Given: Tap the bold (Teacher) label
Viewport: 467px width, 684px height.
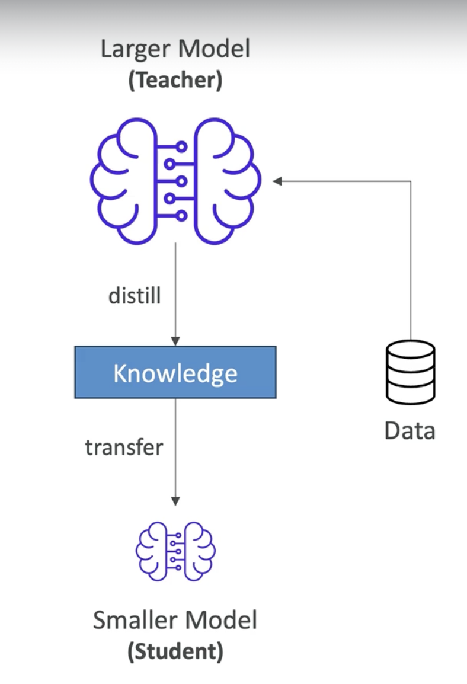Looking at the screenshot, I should tap(175, 80).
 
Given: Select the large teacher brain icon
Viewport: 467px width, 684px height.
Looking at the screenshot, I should tap(175, 181).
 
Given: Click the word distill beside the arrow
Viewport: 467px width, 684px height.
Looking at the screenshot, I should tap(135, 296).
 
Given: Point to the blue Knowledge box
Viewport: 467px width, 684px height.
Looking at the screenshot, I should tap(175, 372).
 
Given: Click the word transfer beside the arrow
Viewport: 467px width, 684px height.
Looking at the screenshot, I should tap(124, 447).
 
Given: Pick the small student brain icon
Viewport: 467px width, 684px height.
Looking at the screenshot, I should tap(175, 551).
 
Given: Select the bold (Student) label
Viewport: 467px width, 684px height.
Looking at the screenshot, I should tap(175, 651).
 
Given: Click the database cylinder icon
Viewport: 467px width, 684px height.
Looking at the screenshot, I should tap(410, 372).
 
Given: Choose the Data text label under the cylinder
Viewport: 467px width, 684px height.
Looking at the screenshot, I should tap(410, 430).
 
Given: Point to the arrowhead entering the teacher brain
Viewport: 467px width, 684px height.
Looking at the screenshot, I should tap(277, 181).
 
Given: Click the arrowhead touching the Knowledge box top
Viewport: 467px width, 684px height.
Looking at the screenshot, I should tap(175, 341).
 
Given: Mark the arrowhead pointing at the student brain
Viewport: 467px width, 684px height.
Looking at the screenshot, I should tap(175, 501).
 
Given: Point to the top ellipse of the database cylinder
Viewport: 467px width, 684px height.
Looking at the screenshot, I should tap(410, 349).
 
